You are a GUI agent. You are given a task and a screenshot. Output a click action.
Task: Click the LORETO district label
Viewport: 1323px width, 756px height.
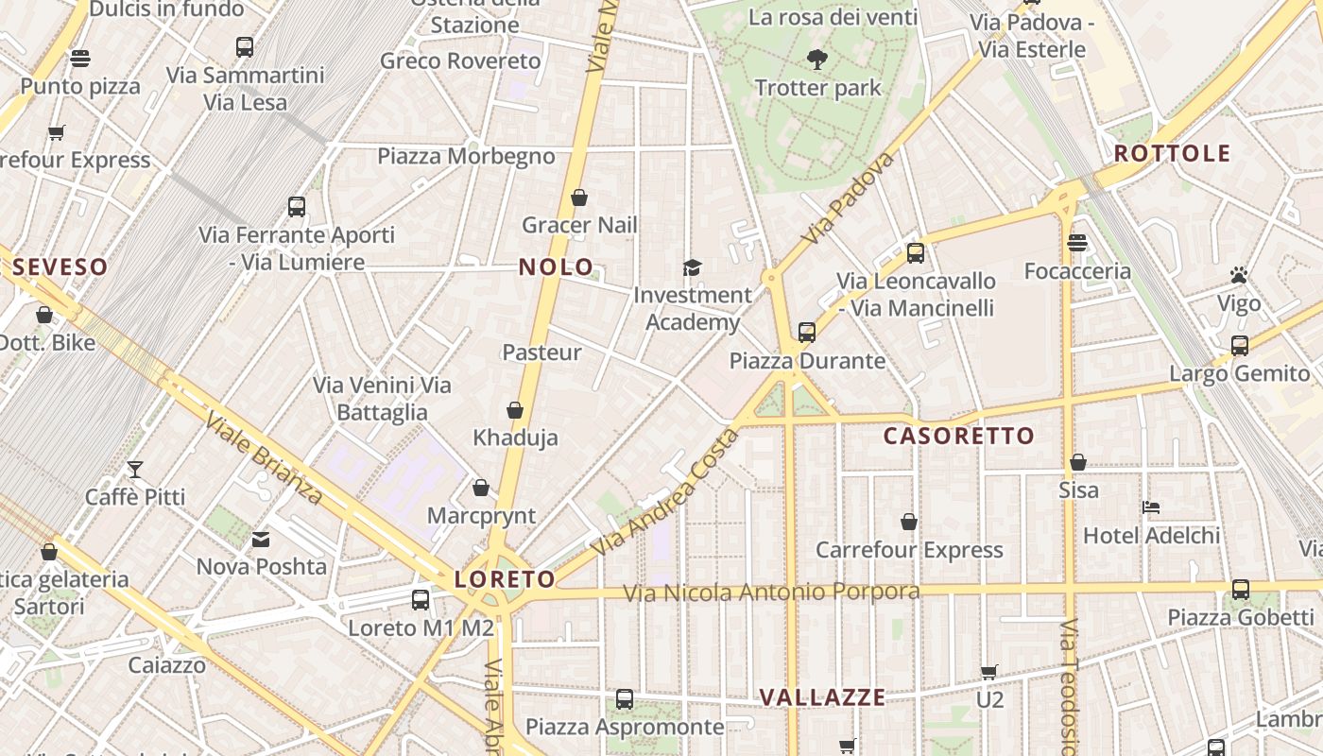tap(505, 579)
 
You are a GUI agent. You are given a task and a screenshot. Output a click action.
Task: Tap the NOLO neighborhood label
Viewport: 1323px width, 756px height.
tap(556, 267)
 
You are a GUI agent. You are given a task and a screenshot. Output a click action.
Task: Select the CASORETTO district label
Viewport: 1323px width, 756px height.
tap(958, 437)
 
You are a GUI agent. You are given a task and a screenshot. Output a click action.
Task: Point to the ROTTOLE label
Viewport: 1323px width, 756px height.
tap(1172, 153)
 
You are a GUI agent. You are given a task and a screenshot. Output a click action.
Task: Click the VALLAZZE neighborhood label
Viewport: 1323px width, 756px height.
tap(822, 698)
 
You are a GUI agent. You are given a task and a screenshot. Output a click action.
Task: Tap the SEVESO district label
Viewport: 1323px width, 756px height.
tap(60, 267)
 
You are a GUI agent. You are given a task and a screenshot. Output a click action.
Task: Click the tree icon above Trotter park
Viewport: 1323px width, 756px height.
tap(817, 60)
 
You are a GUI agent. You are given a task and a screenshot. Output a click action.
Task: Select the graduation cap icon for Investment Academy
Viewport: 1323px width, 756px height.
tap(693, 267)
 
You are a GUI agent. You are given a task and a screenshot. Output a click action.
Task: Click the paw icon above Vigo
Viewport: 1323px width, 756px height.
tap(1239, 275)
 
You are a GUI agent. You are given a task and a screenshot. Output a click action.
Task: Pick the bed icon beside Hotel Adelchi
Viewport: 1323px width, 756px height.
tap(1151, 507)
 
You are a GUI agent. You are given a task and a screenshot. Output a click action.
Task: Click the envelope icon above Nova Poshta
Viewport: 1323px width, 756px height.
tap(261, 540)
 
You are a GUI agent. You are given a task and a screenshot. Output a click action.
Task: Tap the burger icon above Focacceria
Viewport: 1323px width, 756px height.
tap(1077, 243)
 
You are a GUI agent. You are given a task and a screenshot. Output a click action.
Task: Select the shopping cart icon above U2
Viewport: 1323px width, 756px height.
tap(988, 672)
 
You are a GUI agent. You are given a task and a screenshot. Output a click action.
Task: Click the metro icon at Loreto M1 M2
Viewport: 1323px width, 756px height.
tap(421, 600)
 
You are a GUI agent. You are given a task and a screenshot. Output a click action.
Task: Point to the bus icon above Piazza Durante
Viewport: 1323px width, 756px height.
tap(806, 333)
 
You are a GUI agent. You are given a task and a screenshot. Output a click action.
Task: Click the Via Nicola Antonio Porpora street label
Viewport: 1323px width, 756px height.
tap(771, 593)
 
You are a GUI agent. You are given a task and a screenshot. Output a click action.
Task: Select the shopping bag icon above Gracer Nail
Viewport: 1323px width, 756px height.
tap(579, 198)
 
